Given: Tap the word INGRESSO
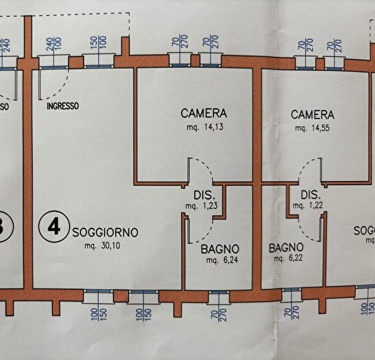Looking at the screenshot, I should pyautogui.click(x=62, y=106).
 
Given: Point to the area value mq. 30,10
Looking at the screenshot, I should pyautogui.click(x=101, y=245).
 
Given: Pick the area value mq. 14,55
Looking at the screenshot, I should pyautogui.click(x=312, y=128).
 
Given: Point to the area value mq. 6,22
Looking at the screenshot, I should pyautogui.click(x=287, y=259).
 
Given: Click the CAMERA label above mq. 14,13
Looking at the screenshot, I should pyautogui.click(x=204, y=113).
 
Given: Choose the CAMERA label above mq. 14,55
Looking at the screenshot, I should pyautogui.click(x=312, y=115).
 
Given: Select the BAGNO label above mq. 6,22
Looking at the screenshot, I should pyautogui.click(x=287, y=247).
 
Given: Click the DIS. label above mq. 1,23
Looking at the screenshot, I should pyautogui.click(x=204, y=193).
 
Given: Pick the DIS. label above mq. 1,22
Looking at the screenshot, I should pyautogui.click(x=311, y=193).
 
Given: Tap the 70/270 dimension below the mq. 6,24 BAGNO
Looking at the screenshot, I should pyautogui.click(x=219, y=319).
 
